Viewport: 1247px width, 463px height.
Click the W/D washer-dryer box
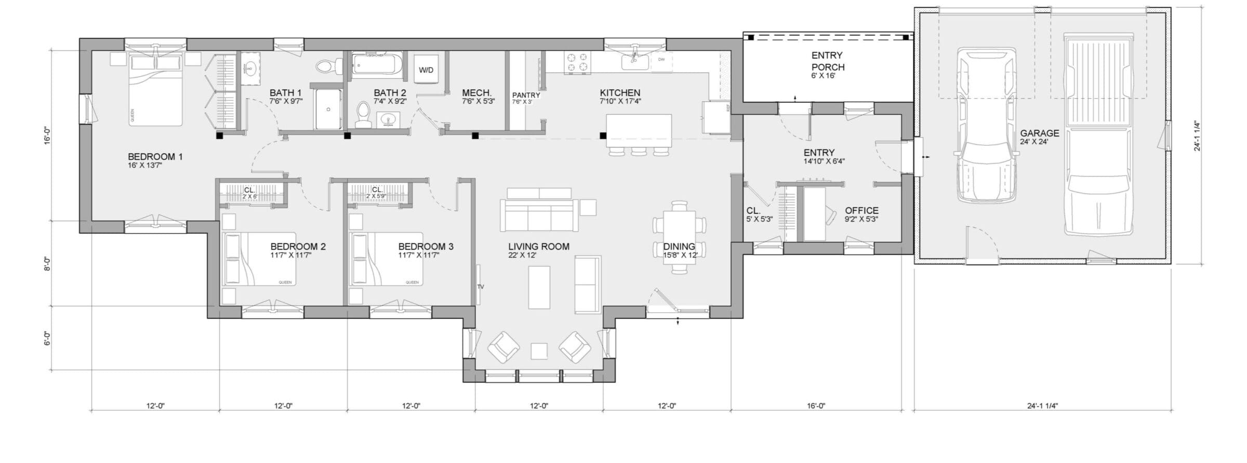[426, 70]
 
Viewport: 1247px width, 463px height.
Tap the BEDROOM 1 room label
[155, 157]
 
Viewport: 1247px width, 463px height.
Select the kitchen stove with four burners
[577, 63]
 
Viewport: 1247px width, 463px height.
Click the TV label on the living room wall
[480, 287]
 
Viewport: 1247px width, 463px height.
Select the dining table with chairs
[679, 237]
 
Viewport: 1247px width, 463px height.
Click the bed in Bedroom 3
[386, 258]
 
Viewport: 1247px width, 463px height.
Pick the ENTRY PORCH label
[828, 61]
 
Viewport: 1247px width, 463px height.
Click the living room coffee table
[539, 287]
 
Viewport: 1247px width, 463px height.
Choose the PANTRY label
[526, 96]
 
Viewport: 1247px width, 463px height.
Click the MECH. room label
[476, 93]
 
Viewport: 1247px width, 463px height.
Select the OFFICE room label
[861, 211]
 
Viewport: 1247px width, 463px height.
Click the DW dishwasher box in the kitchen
[661, 60]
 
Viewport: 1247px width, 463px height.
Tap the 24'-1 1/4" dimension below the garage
[1042, 405]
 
